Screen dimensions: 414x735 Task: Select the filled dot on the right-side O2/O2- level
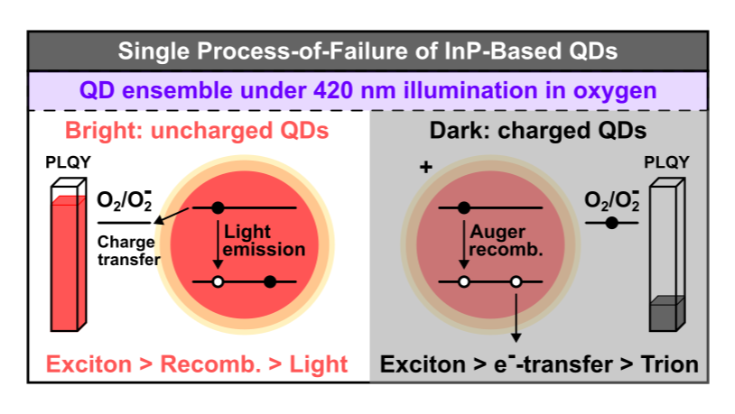pos(611,222)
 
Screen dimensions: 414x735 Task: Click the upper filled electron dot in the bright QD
pos(218,207)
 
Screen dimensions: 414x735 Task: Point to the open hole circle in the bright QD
pos(218,281)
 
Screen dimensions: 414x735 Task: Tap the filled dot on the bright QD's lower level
pos(269,281)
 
